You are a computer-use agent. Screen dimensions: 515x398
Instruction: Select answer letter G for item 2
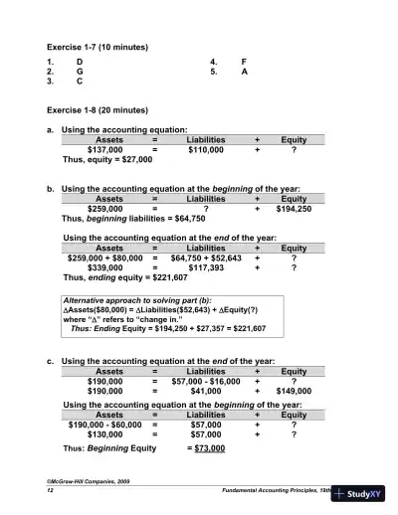click(80, 73)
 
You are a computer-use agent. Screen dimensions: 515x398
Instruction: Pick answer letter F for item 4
click(244, 62)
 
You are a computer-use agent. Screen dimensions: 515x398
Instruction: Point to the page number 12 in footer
click(50, 492)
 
